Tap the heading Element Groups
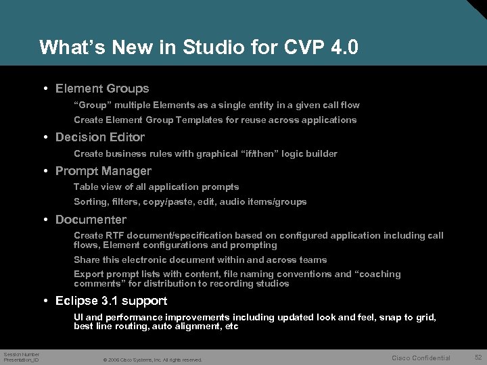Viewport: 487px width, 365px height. (x=102, y=89)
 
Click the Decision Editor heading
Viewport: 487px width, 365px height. (x=100, y=137)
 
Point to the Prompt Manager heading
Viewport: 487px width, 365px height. (x=103, y=171)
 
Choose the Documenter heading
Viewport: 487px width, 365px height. (x=91, y=220)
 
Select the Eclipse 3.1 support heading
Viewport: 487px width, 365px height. (x=111, y=301)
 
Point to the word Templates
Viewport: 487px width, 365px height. (x=198, y=120)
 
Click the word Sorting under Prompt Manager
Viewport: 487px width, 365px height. (x=91, y=202)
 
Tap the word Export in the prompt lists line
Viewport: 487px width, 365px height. (x=89, y=274)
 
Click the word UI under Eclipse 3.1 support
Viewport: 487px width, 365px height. (x=79, y=318)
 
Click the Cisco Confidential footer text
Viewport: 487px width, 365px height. (x=421, y=358)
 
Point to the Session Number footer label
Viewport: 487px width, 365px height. (x=22, y=354)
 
